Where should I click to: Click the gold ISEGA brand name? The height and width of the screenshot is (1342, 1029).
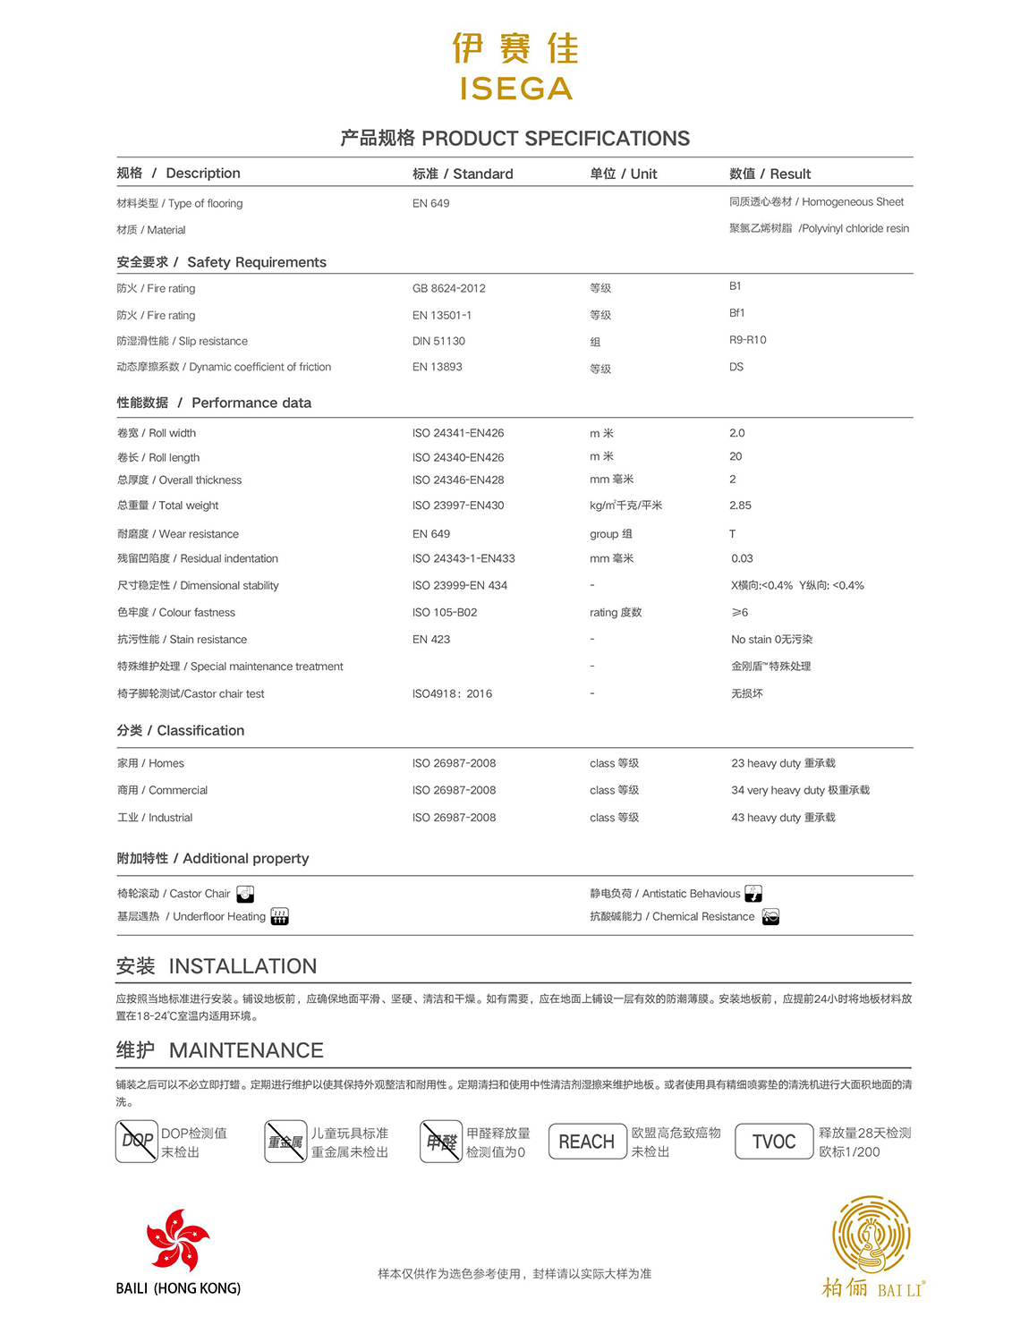(515, 89)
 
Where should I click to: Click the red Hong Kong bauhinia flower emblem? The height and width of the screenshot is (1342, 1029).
(177, 1240)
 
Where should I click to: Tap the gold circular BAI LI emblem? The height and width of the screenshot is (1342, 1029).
(871, 1234)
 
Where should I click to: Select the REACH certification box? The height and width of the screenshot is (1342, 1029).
(587, 1142)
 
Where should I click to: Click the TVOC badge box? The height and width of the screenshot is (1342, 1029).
(774, 1142)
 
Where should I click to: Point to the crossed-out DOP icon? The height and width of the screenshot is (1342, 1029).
(137, 1142)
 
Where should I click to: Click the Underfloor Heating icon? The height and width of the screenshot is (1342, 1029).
(279, 916)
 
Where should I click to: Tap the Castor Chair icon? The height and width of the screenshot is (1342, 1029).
(245, 894)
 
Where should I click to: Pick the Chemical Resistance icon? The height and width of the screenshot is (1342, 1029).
(770, 916)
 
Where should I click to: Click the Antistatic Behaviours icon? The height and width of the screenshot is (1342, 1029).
(753, 894)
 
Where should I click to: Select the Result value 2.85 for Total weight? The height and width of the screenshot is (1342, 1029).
(740, 505)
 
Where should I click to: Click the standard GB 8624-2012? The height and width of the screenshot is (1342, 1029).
(448, 288)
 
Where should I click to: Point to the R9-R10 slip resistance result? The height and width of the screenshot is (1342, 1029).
(747, 340)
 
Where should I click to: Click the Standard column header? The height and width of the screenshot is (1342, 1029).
(463, 174)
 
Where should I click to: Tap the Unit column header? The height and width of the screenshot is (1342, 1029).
(623, 174)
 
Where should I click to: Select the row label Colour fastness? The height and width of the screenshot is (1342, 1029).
(176, 613)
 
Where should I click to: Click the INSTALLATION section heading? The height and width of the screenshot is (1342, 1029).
(217, 966)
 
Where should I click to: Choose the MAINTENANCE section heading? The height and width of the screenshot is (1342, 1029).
(219, 1050)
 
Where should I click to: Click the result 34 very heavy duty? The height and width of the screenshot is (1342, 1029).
(800, 790)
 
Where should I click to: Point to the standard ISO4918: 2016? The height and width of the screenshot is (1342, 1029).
(452, 693)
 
